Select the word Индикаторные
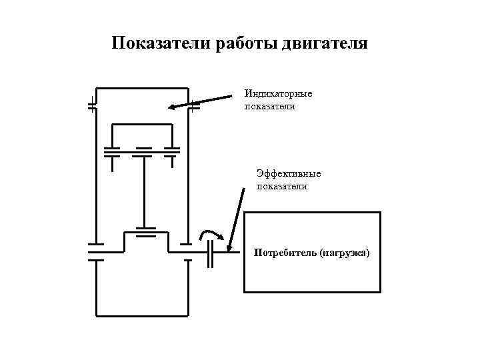coord(278,93)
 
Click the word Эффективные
coord(289,173)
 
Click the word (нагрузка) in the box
coord(344,253)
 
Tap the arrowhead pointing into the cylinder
coord(172,107)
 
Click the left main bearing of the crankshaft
coord(95,252)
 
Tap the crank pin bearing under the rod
coord(145,233)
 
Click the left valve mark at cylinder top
coord(93,105)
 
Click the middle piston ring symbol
coord(143,152)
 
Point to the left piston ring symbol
coord(111,151)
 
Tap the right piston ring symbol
coord(172,151)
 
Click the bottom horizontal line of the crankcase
coord(143,315)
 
